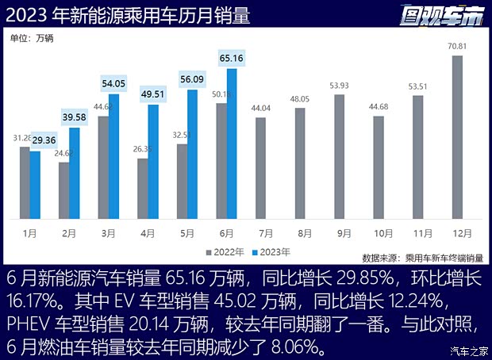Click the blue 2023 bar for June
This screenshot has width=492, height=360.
(232, 144)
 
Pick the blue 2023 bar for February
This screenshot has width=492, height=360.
(74, 173)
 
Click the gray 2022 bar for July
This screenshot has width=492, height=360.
(261, 169)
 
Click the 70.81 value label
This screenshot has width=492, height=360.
(457, 46)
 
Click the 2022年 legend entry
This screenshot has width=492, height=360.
(226, 251)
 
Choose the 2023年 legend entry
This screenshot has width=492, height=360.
(271, 251)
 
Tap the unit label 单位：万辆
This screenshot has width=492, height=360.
(35, 37)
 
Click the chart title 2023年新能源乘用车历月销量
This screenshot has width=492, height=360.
(128, 13)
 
